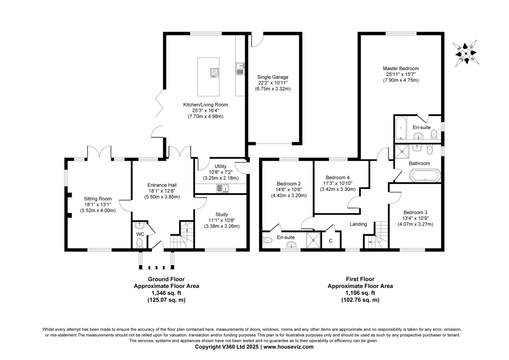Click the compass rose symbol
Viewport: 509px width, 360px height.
click(466, 53)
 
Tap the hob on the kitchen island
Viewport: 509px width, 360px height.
click(215, 73)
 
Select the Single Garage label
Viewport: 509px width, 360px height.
click(273, 77)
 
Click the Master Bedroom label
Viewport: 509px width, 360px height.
click(401, 68)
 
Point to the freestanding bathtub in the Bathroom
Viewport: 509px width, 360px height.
click(425, 175)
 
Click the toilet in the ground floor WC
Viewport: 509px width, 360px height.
click(140, 243)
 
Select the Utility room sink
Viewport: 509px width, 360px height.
click(223, 188)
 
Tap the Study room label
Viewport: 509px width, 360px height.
click(221, 214)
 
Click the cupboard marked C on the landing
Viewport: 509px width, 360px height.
click(331, 240)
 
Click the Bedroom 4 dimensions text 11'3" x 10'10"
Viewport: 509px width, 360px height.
click(338, 183)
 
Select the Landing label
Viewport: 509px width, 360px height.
click(358, 224)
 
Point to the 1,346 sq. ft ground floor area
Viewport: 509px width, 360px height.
click(166, 293)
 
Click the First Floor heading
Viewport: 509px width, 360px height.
click(360, 279)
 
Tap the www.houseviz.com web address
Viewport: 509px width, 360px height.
click(288, 347)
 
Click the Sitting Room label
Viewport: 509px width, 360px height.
click(98, 199)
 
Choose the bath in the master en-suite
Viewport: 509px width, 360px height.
click(401, 128)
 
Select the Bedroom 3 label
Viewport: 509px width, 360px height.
click(415, 212)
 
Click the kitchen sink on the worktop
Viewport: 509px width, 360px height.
click(240, 69)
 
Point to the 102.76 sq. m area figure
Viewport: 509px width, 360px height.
click(360, 300)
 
